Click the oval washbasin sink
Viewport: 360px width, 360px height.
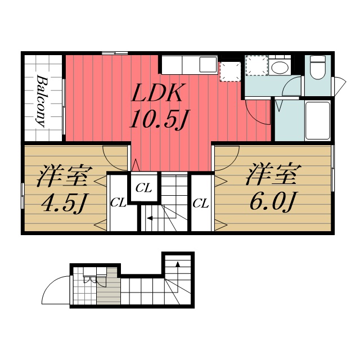[x=278, y=68]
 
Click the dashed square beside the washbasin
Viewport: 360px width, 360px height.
[x=256, y=66]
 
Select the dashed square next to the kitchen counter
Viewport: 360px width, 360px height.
[x=229, y=71]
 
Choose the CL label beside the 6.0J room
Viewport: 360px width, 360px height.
[x=201, y=203]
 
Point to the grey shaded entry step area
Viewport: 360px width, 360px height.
[x=107, y=287]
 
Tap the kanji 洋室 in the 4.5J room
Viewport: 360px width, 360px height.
[x=62, y=177]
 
